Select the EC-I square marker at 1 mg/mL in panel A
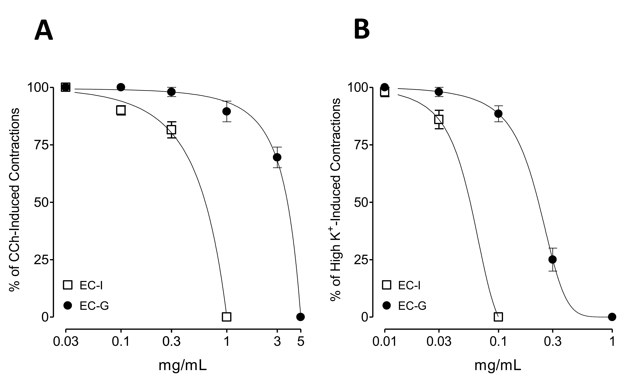227,317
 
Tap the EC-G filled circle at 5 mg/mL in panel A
301,317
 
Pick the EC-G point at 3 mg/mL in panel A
277,157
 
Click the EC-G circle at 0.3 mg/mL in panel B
553,260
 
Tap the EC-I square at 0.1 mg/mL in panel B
498,317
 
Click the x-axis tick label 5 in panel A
301,342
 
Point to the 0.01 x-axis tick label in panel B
385,342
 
